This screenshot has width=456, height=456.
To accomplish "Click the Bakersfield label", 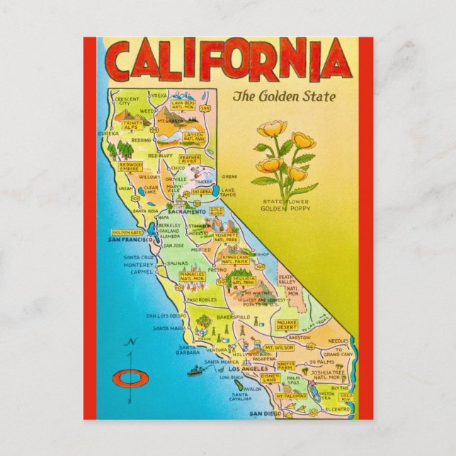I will click(234, 317).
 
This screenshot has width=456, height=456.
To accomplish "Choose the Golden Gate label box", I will click(127, 232).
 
